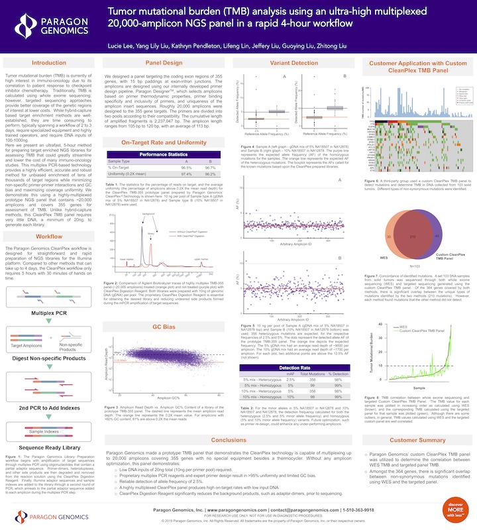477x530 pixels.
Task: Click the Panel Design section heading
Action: [x=164, y=63]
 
